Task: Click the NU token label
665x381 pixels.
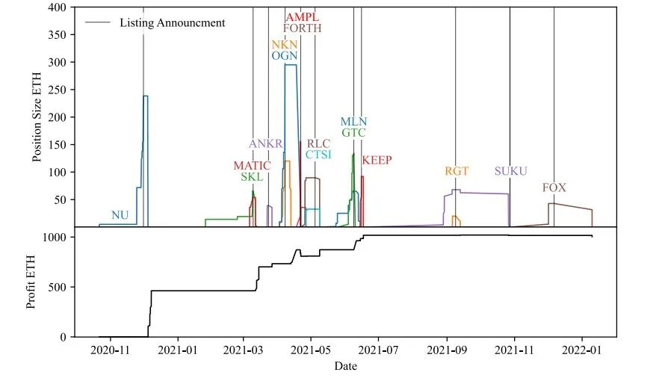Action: point(120,215)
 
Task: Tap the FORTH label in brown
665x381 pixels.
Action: point(302,28)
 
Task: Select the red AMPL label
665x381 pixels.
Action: point(302,16)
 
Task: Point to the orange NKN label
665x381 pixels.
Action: point(285,44)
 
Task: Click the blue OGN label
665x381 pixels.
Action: point(285,55)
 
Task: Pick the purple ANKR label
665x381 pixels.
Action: point(265,144)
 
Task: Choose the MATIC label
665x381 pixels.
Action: point(252,166)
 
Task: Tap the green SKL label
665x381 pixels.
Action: point(252,177)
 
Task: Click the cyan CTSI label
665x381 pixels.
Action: point(318,155)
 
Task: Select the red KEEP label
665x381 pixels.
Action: point(377,160)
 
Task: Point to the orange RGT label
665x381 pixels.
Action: point(457,171)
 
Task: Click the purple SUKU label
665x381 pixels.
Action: point(510,171)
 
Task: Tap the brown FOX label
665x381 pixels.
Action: point(554,188)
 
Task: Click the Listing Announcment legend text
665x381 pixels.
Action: point(172,22)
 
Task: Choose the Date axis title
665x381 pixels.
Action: point(345,366)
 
